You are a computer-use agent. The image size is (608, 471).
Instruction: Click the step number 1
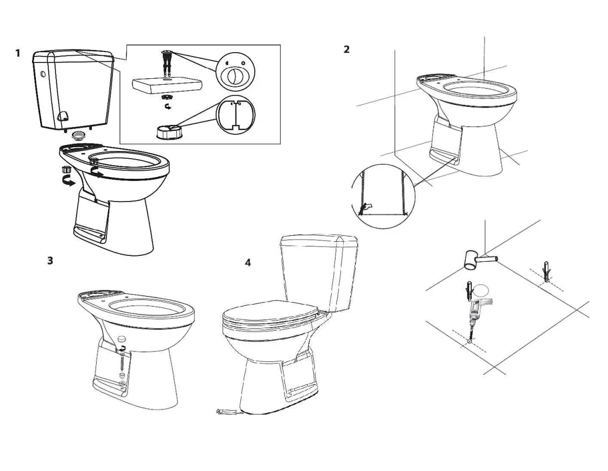18,53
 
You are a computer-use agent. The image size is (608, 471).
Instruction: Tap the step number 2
346,49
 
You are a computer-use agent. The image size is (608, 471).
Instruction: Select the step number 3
50,260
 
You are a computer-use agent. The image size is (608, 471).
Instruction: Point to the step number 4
248,263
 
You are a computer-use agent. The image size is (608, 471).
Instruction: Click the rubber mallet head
470,260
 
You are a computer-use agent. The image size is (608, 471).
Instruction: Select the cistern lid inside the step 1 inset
168,84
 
